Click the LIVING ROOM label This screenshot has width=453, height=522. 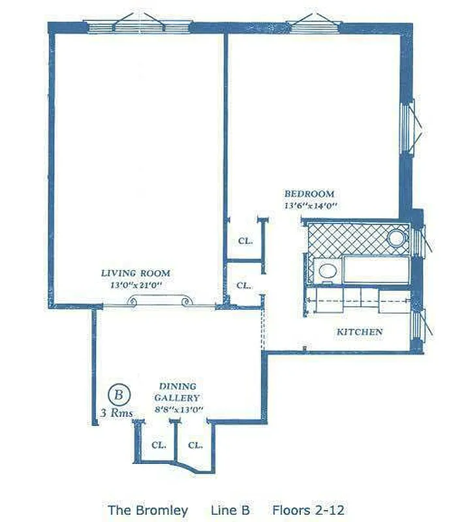coord(135,273)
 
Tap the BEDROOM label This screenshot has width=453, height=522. coord(309,194)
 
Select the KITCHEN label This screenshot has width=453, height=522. coord(359,332)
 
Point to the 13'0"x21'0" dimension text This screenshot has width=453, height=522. coord(135,285)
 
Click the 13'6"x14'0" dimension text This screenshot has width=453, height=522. coord(309,206)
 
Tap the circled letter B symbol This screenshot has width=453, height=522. coord(119,393)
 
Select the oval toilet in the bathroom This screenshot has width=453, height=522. coord(328,271)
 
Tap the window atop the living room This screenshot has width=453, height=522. coord(139,26)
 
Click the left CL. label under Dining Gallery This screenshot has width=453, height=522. coord(158,444)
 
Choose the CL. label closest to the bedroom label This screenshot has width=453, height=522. coord(245,241)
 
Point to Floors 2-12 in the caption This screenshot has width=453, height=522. coord(308,510)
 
